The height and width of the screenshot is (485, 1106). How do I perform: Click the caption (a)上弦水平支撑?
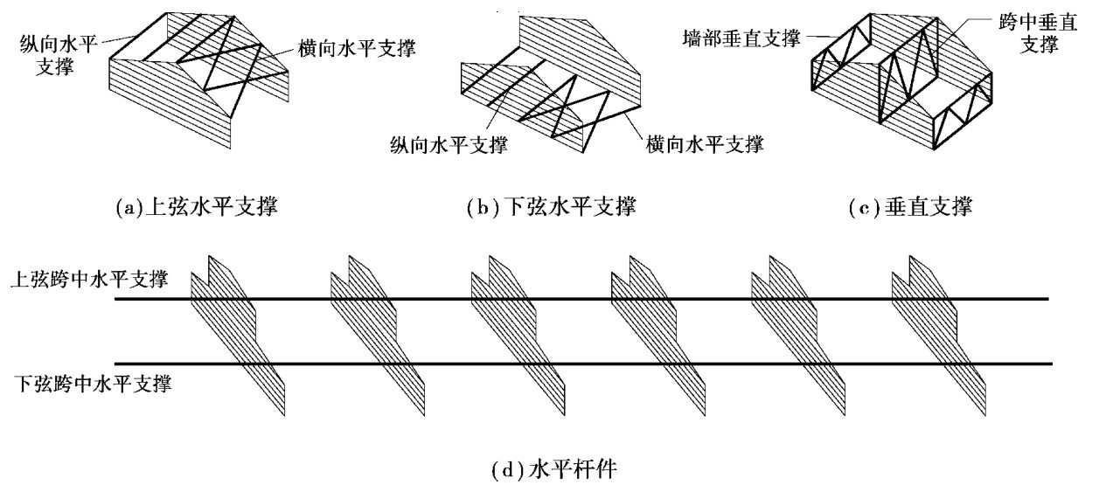(x=197, y=209)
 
